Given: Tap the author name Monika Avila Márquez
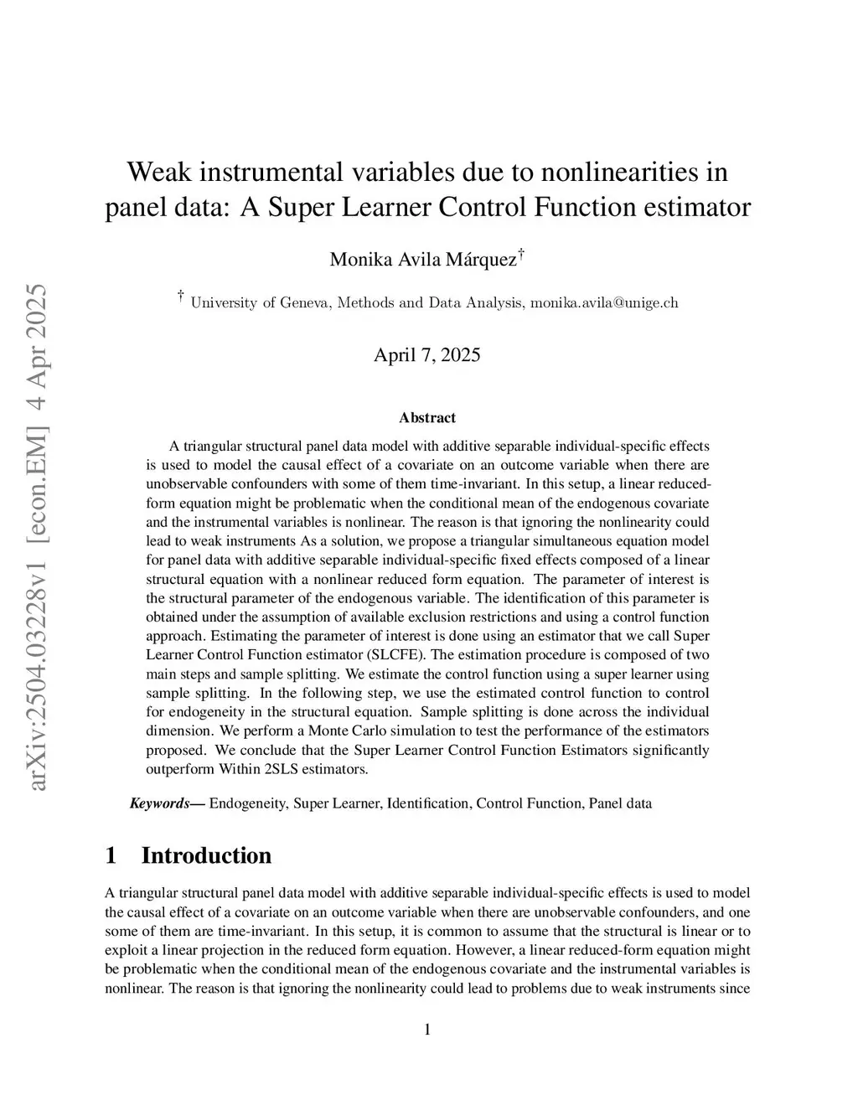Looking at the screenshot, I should click(423, 259).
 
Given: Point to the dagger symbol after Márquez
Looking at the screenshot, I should click(521, 252).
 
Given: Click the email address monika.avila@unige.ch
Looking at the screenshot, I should click(604, 302).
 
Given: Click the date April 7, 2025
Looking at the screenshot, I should click(427, 354).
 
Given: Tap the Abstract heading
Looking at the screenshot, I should click(427, 417).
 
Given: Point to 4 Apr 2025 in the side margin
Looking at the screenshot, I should click(38, 327).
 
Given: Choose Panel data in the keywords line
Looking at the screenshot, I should click(620, 803).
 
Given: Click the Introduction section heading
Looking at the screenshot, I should click(206, 855).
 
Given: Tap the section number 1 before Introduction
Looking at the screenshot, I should click(111, 855).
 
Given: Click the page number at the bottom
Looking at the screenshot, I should click(427, 1030).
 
